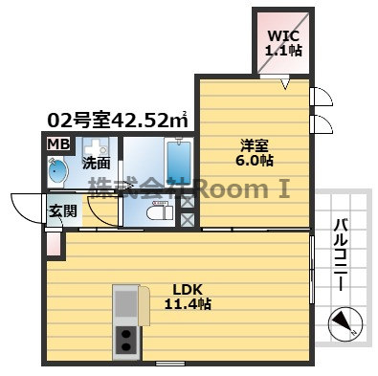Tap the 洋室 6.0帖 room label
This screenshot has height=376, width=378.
tap(254, 153)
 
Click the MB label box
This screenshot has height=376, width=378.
tap(57, 144)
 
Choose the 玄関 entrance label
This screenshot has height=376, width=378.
tap(63, 211)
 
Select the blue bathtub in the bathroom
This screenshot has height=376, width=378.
tap(178, 162)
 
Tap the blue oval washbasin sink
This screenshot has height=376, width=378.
tap(56, 173)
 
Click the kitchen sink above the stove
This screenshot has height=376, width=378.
tap(125, 302)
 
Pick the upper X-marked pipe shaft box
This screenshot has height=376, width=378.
tap(188, 201)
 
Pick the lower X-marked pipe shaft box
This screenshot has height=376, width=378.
tap(188, 219)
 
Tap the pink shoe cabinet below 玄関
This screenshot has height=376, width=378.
tap(54, 244)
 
